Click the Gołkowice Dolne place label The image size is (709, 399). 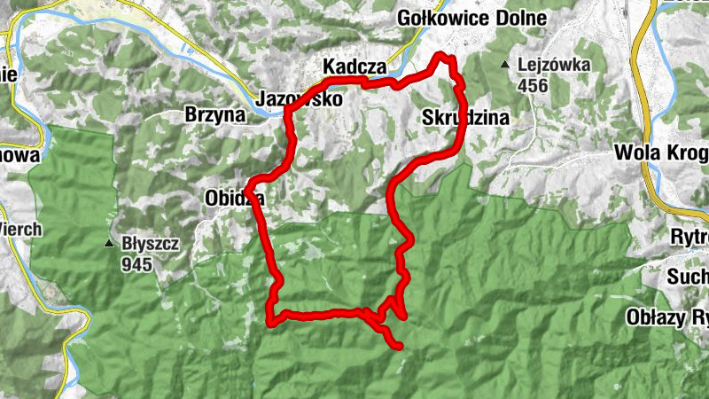point(472,19)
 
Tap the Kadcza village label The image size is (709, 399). point(354,67)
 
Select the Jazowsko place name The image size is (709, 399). point(299,100)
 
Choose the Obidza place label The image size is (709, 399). point(234,198)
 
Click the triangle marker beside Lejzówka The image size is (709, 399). point(505,65)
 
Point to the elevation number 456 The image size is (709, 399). point(534,86)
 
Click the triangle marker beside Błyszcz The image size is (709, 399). point(110,243)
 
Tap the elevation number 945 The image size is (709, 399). point(138,264)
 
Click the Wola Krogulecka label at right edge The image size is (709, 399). point(661,153)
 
